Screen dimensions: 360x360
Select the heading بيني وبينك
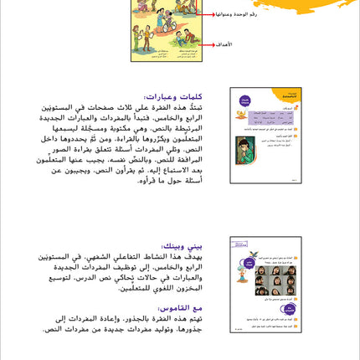point(183,245)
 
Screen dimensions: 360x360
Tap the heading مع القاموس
point(184,307)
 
